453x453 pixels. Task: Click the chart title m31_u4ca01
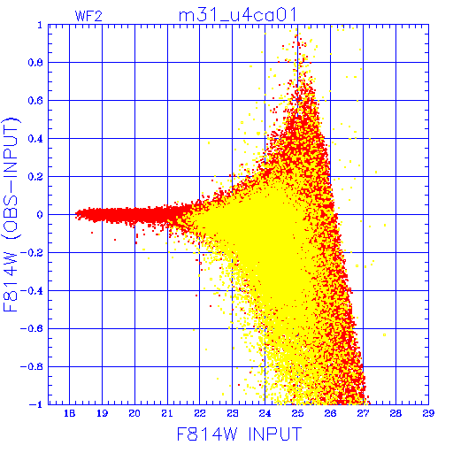click(x=237, y=15)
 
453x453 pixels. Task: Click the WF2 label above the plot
click(x=88, y=16)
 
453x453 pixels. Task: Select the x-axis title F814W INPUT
click(x=240, y=434)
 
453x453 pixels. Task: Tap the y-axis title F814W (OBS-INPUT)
click(x=11, y=214)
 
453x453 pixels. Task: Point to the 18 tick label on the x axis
click(x=69, y=413)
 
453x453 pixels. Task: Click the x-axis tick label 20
click(x=134, y=413)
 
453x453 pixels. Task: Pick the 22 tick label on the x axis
click(x=200, y=413)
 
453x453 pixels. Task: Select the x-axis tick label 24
click(x=265, y=413)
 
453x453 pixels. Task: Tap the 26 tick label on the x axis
click(x=330, y=413)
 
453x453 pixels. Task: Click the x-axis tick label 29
click(x=428, y=413)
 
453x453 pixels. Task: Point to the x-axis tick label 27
click(x=363, y=413)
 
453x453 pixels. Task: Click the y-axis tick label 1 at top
click(x=40, y=26)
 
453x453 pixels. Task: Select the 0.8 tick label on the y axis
click(x=35, y=63)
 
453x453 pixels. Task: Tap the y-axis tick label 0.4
click(x=35, y=139)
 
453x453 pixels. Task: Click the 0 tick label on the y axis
click(x=40, y=215)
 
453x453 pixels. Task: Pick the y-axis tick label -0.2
click(x=32, y=253)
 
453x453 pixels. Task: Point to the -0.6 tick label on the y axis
click(x=32, y=328)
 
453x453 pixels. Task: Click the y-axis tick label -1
click(x=36, y=404)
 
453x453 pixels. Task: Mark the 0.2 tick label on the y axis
click(x=35, y=177)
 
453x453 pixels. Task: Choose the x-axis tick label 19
click(x=102, y=413)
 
